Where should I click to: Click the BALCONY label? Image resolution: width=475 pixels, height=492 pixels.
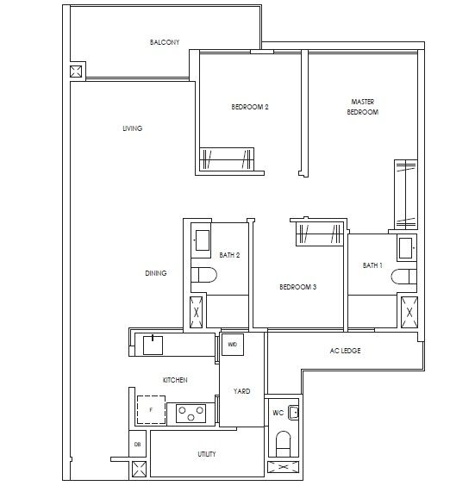click(x=165, y=42)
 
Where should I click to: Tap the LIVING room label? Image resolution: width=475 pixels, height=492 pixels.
click(x=133, y=128)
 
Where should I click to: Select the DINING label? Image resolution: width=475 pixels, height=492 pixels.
click(x=156, y=273)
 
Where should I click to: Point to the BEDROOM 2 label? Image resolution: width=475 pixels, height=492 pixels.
click(x=250, y=107)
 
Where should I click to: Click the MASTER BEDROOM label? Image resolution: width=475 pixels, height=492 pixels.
click(x=363, y=107)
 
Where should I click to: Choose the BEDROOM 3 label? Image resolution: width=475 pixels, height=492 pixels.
click(x=298, y=287)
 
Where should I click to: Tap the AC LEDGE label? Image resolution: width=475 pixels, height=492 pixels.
click(x=345, y=351)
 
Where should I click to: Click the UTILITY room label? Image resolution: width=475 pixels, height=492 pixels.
click(x=207, y=454)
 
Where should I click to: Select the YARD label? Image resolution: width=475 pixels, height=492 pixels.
click(x=241, y=391)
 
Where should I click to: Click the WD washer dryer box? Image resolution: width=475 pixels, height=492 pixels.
click(x=232, y=345)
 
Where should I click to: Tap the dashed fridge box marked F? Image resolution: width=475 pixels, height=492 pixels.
click(x=151, y=410)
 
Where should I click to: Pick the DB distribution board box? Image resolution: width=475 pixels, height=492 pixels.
click(x=138, y=444)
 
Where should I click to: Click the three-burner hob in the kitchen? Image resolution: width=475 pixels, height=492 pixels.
click(x=191, y=414)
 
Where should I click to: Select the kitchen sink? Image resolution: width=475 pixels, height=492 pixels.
click(x=153, y=346)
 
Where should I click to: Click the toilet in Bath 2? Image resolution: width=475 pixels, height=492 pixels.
click(x=204, y=275)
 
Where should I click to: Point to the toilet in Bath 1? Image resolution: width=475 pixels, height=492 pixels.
click(x=403, y=277)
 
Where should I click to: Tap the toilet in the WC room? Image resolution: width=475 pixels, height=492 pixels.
click(x=283, y=444)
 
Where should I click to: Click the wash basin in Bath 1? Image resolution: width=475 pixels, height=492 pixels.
click(x=407, y=248)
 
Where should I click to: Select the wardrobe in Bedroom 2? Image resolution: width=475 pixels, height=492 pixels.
click(x=227, y=159)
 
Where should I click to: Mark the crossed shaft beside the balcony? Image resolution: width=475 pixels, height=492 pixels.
click(x=76, y=72)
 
